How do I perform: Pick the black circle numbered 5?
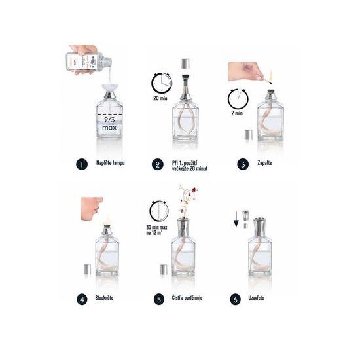click(158, 300)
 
